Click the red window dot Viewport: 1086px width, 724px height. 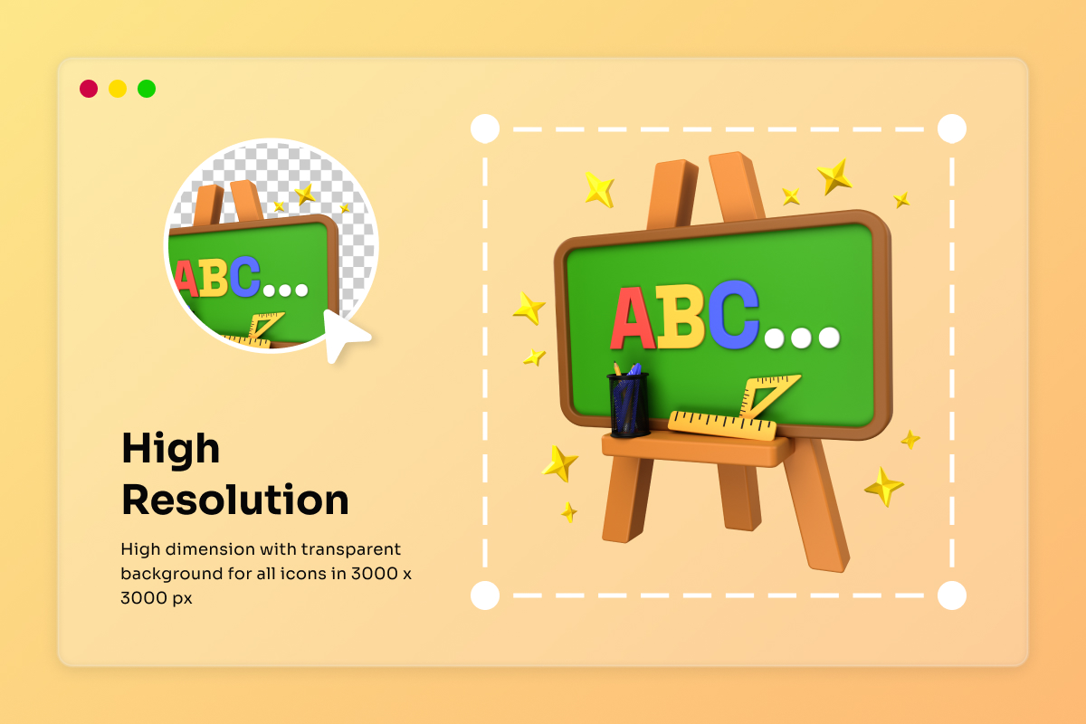(x=89, y=89)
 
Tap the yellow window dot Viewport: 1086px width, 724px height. (x=118, y=89)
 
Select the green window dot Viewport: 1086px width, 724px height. (x=147, y=89)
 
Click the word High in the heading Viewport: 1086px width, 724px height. (x=171, y=449)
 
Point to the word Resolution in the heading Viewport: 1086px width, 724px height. (x=235, y=500)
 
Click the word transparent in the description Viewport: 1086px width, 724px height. (x=351, y=549)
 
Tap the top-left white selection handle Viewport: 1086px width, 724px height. (x=485, y=129)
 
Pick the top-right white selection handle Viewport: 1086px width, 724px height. (x=952, y=129)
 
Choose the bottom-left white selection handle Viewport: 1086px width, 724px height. (x=485, y=595)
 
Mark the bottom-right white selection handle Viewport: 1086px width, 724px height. (x=952, y=595)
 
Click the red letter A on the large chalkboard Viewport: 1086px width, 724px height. (x=632, y=319)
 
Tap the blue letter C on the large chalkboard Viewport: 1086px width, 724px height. (x=732, y=314)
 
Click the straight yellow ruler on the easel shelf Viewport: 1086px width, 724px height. (x=721, y=425)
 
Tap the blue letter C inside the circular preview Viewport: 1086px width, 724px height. (x=245, y=276)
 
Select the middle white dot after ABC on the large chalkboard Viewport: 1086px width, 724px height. (x=801, y=338)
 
